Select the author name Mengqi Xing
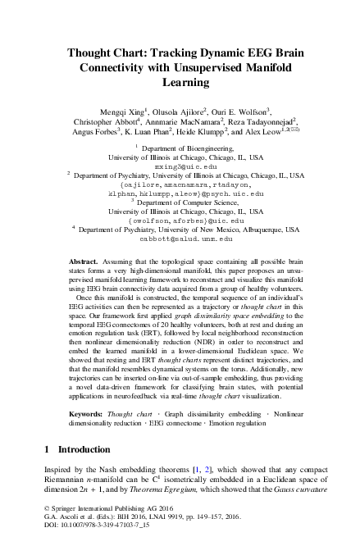tap(121, 109)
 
